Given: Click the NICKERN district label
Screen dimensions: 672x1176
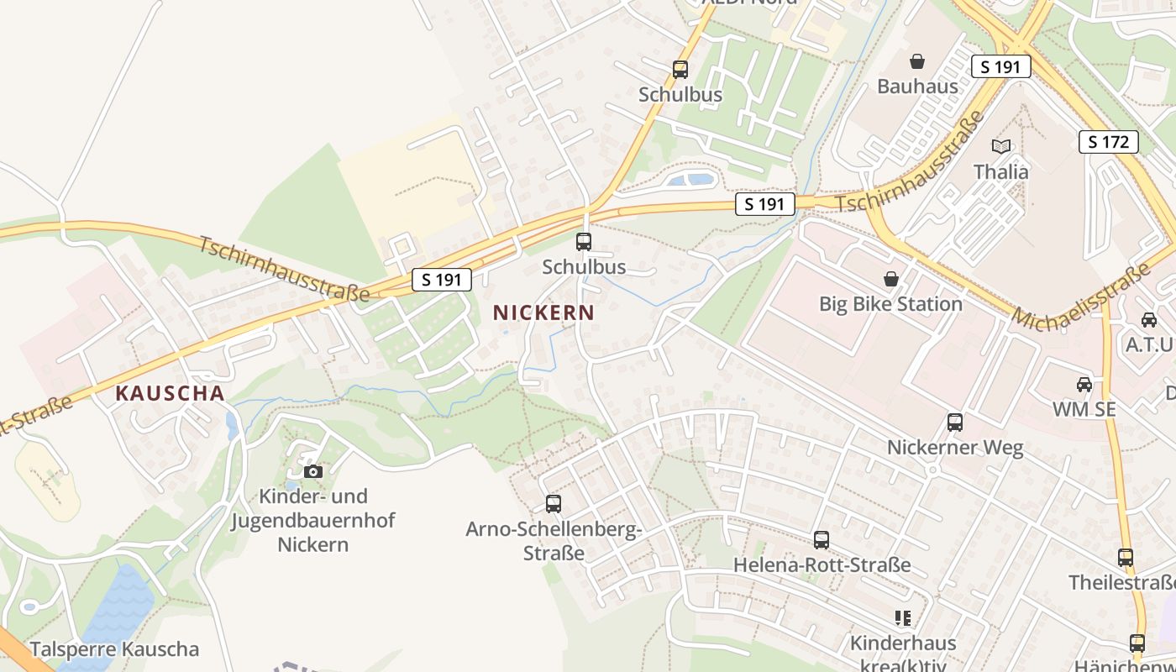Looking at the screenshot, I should pyautogui.click(x=543, y=313).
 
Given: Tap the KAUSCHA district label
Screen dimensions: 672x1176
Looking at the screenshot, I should pyautogui.click(x=170, y=393).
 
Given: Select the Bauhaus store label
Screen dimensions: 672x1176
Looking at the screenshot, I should pyautogui.click(x=917, y=87).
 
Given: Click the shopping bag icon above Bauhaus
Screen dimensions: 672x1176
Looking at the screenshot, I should pyautogui.click(x=917, y=61).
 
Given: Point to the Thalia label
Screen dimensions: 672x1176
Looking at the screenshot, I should pyautogui.click(x=1000, y=172).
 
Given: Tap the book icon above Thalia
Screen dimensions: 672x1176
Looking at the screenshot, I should pyautogui.click(x=1000, y=147).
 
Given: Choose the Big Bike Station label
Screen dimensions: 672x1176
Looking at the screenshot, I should pyautogui.click(x=890, y=304).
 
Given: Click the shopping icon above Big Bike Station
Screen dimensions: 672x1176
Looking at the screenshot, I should pyautogui.click(x=890, y=279).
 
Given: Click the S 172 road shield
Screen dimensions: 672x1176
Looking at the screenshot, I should pyautogui.click(x=1108, y=142).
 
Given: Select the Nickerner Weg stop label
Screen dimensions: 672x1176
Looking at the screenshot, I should pyautogui.click(x=955, y=448).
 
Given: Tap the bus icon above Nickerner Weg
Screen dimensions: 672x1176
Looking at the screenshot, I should pyautogui.click(x=955, y=423).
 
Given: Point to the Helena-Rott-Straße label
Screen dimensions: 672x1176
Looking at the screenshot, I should pyautogui.click(x=822, y=565).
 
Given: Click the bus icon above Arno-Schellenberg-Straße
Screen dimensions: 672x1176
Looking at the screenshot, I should pyautogui.click(x=553, y=504).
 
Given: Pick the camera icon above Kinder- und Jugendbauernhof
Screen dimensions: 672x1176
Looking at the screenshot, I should pyautogui.click(x=312, y=471).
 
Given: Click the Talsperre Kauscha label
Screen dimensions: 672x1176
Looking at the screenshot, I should pyautogui.click(x=114, y=649).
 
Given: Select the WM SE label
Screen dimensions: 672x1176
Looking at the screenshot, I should pyautogui.click(x=1084, y=410).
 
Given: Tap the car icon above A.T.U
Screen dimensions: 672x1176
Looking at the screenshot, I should pyautogui.click(x=1148, y=320).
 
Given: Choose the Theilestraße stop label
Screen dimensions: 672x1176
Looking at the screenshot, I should pyautogui.click(x=1121, y=583).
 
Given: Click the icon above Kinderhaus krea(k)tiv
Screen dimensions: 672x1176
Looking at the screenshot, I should pyautogui.click(x=903, y=619).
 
